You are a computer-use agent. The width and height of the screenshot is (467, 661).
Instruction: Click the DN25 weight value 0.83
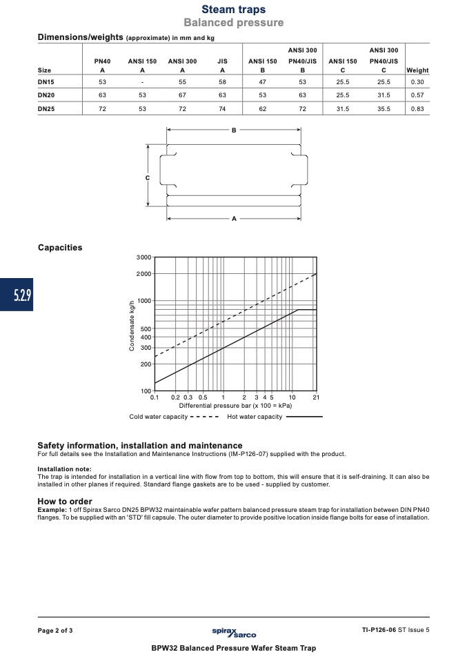(417, 109)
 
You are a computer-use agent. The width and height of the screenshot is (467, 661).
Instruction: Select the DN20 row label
(46, 95)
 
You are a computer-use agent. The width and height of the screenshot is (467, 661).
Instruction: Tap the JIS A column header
(222, 66)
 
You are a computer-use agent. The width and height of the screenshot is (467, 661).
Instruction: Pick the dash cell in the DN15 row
(143, 82)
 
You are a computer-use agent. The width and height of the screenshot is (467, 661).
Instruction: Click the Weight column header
(417, 70)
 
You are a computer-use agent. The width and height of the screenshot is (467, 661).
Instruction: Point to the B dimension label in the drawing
(234, 130)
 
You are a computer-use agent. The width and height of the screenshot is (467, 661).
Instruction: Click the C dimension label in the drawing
(148, 178)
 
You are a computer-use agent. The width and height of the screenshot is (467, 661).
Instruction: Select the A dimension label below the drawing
(234, 218)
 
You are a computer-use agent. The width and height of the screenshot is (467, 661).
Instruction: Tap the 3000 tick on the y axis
(143, 257)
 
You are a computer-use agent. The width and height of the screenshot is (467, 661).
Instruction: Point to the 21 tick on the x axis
(316, 397)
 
